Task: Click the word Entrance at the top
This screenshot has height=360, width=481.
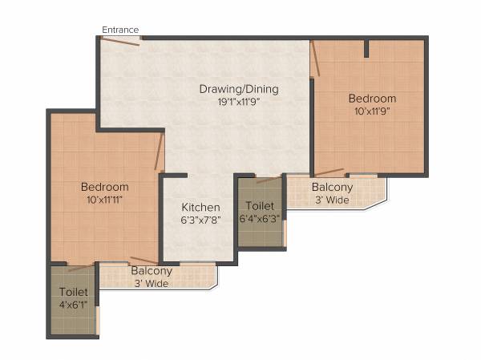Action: (x=120, y=30)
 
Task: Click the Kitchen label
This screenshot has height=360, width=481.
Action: (x=200, y=207)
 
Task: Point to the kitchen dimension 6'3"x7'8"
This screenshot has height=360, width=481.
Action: (x=200, y=220)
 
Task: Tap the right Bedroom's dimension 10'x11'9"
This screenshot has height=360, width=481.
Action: (x=372, y=112)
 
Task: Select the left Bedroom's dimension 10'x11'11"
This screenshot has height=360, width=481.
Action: (x=105, y=199)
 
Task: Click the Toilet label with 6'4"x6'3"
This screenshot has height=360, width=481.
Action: (x=260, y=205)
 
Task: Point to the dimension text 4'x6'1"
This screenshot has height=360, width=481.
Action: (x=73, y=305)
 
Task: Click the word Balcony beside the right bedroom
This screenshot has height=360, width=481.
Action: (x=331, y=188)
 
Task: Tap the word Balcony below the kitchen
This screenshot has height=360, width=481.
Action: (x=151, y=271)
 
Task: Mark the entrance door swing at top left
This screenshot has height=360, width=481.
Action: (x=120, y=41)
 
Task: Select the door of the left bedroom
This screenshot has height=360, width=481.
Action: (x=160, y=152)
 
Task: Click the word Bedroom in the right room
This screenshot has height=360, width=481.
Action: (x=372, y=99)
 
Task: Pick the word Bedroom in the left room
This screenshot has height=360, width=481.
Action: (x=105, y=187)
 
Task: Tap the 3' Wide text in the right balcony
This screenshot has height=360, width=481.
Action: (x=331, y=200)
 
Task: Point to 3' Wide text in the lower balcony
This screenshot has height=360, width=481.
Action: (x=151, y=283)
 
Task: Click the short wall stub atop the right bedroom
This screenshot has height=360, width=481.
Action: (x=366, y=48)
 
